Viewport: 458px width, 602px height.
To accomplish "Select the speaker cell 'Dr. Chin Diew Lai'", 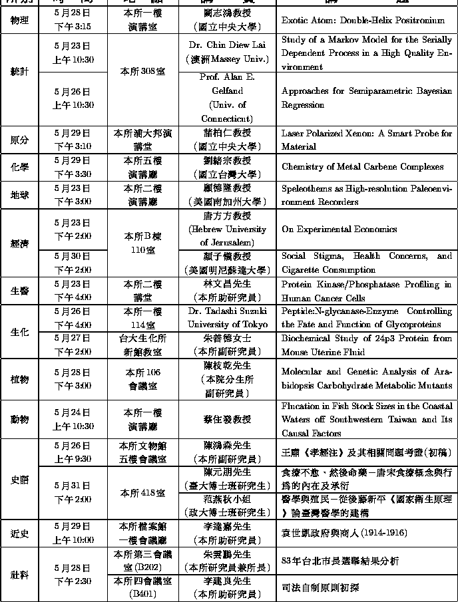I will [x=227, y=45].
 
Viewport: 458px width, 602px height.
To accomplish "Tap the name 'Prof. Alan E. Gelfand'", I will [x=227, y=83].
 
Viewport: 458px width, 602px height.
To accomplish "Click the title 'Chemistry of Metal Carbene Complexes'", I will [x=362, y=166].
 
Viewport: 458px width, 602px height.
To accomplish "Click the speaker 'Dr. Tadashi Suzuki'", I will [x=227, y=311].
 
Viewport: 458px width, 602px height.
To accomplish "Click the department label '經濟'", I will [x=20, y=243].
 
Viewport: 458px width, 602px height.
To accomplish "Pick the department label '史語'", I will [x=20, y=479].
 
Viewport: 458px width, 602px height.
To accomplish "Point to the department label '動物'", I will [x=20, y=419].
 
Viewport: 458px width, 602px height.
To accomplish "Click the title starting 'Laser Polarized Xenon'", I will [x=367, y=140].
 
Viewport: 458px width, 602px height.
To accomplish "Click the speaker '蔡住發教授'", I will [x=227, y=419].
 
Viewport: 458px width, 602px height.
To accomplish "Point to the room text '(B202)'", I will [x=142, y=567].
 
